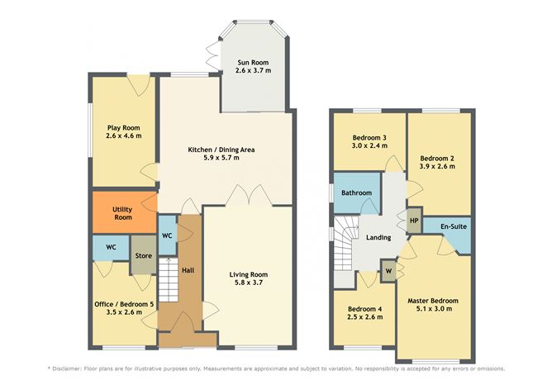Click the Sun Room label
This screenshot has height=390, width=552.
click(x=254, y=62)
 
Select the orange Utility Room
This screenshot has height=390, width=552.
click(x=123, y=212)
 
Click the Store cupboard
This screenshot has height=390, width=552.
click(x=143, y=256)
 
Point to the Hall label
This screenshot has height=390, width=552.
click(x=188, y=270)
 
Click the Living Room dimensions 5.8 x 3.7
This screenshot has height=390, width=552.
click(x=249, y=283)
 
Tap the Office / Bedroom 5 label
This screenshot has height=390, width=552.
click(x=124, y=304)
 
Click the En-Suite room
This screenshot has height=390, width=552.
click(x=450, y=226)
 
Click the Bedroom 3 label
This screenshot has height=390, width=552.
click(x=369, y=137)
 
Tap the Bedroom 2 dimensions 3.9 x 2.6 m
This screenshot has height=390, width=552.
click(x=437, y=166)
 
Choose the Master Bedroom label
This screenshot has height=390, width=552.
click(x=433, y=301)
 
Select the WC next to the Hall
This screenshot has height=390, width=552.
click(x=166, y=235)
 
